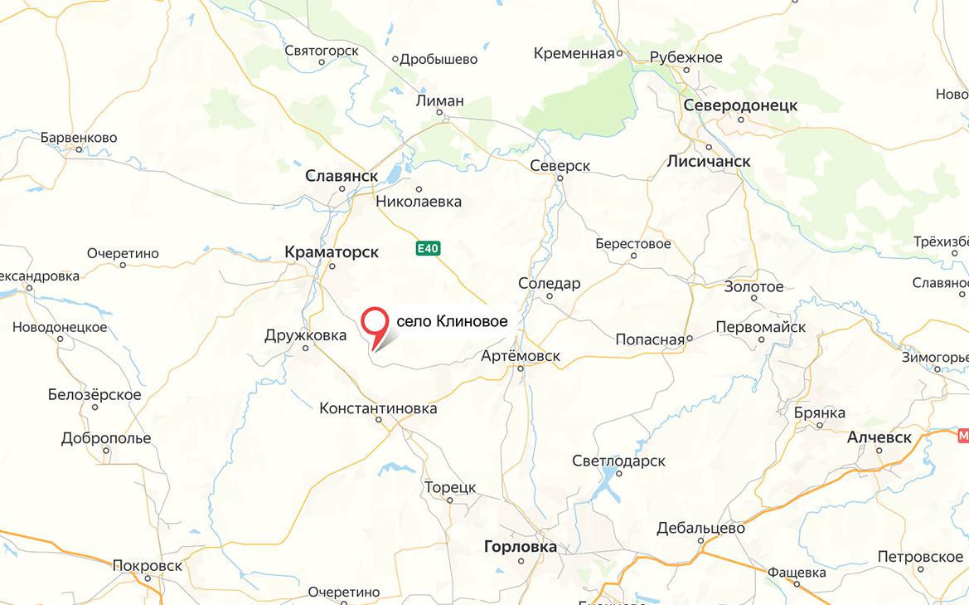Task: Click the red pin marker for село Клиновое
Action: tap(376, 323)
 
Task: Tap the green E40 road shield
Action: tap(428, 248)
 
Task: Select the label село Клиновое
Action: tap(452, 321)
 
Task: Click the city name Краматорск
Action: tap(332, 251)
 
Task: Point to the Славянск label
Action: tap(342, 176)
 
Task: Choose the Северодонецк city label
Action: tap(740, 105)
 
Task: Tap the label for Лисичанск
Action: tap(709, 161)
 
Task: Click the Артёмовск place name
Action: tap(521, 356)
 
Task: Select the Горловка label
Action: tap(521, 547)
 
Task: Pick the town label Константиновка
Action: tap(378, 408)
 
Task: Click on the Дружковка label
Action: tap(305, 335)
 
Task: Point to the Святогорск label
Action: tap(322, 51)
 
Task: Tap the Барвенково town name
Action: tap(79, 138)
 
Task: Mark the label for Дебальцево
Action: tap(700, 528)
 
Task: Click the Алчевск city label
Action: tap(879, 437)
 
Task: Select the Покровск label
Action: tap(148, 564)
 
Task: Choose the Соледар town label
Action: tap(550, 284)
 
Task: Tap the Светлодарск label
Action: tap(618, 461)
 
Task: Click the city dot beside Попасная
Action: tap(690, 339)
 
